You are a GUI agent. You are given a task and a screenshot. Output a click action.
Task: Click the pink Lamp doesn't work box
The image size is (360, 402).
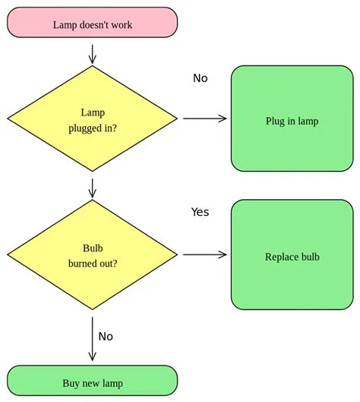(92, 23)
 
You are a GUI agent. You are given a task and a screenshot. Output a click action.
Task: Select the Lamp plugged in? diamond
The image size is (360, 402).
(93, 118)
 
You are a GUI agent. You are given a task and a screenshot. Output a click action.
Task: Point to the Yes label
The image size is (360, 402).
(200, 212)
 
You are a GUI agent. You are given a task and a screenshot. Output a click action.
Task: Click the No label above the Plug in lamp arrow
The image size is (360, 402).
(200, 78)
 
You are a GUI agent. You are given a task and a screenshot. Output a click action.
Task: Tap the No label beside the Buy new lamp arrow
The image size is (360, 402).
(106, 336)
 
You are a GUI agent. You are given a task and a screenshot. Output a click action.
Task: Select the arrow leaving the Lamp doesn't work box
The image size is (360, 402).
(93, 53)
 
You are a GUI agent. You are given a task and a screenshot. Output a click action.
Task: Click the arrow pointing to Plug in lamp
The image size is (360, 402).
(205, 118)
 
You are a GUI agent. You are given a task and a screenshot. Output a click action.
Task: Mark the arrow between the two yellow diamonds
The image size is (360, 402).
(93, 188)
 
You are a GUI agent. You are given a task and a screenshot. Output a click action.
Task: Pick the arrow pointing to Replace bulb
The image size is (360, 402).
(205, 254)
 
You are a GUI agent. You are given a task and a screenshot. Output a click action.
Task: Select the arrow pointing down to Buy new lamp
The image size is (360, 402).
(93, 338)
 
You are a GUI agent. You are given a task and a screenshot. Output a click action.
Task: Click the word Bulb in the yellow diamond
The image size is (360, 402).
(92, 248)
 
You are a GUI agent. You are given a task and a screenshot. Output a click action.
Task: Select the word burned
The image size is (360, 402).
(84, 264)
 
